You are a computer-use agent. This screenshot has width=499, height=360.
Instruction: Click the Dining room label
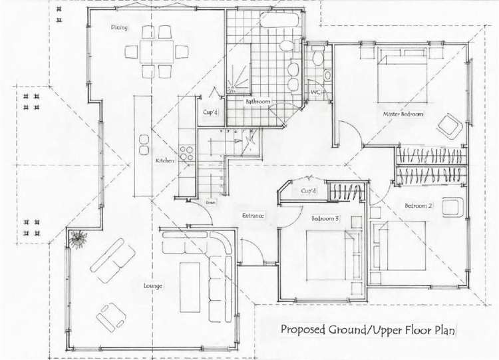[x=120, y=28]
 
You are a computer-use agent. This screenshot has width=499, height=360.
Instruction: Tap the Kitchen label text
[x=165, y=161]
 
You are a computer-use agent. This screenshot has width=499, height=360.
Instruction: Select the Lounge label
[x=152, y=285]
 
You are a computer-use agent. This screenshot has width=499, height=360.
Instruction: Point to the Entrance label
[x=253, y=216]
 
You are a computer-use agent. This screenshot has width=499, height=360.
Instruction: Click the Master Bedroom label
[x=403, y=114]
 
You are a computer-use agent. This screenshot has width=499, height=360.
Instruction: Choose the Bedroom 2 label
[x=418, y=206]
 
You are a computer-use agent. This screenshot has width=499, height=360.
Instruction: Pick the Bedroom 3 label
[x=325, y=218]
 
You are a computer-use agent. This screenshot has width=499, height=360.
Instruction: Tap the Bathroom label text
[x=257, y=102]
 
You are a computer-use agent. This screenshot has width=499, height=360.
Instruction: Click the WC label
[x=316, y=92]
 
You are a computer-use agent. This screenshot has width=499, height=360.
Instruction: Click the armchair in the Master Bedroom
[x=451, y=124]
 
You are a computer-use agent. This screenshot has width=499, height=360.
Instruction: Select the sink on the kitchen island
[x=144, y=144]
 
